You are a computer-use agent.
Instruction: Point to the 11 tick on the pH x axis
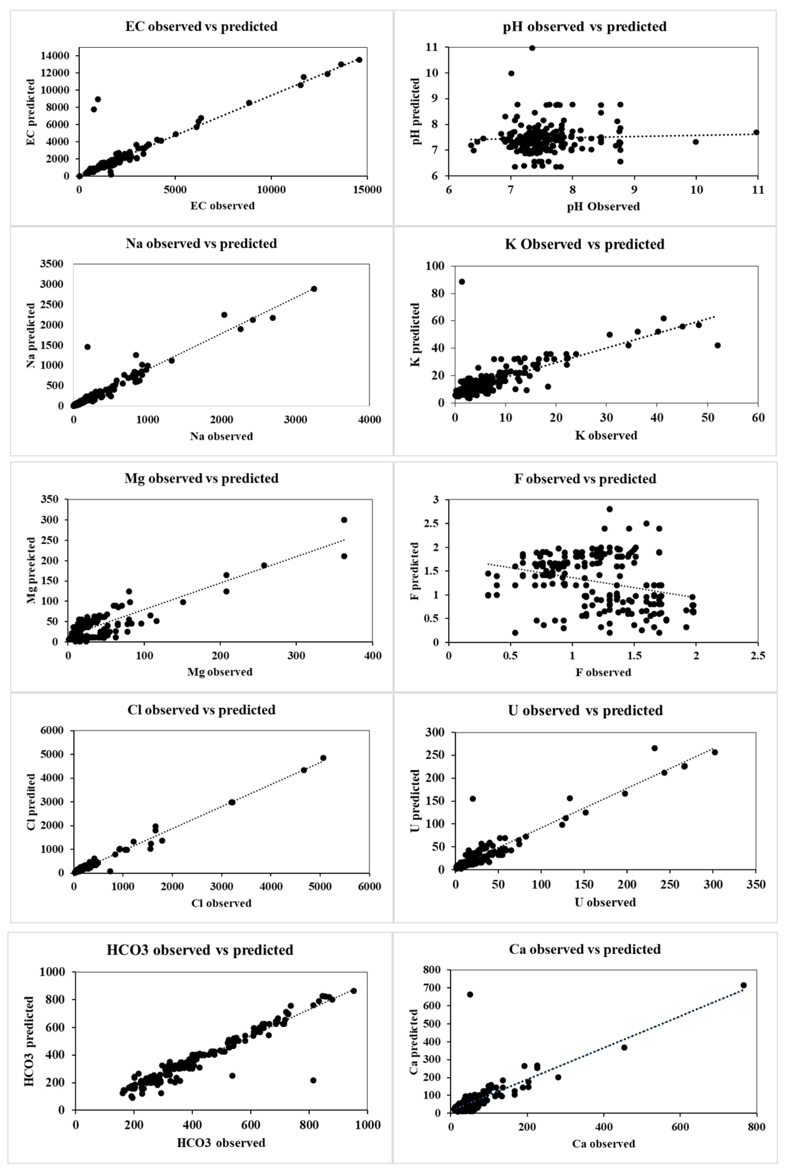pos(758,190)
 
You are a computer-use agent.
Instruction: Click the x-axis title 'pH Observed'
pos(603,206)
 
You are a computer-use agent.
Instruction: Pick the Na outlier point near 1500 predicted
pos(87,347)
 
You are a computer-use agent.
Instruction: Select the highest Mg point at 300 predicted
pos(344,520)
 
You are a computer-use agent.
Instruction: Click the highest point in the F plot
pos(609,509)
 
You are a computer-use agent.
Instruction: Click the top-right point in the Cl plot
pos(323,758)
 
